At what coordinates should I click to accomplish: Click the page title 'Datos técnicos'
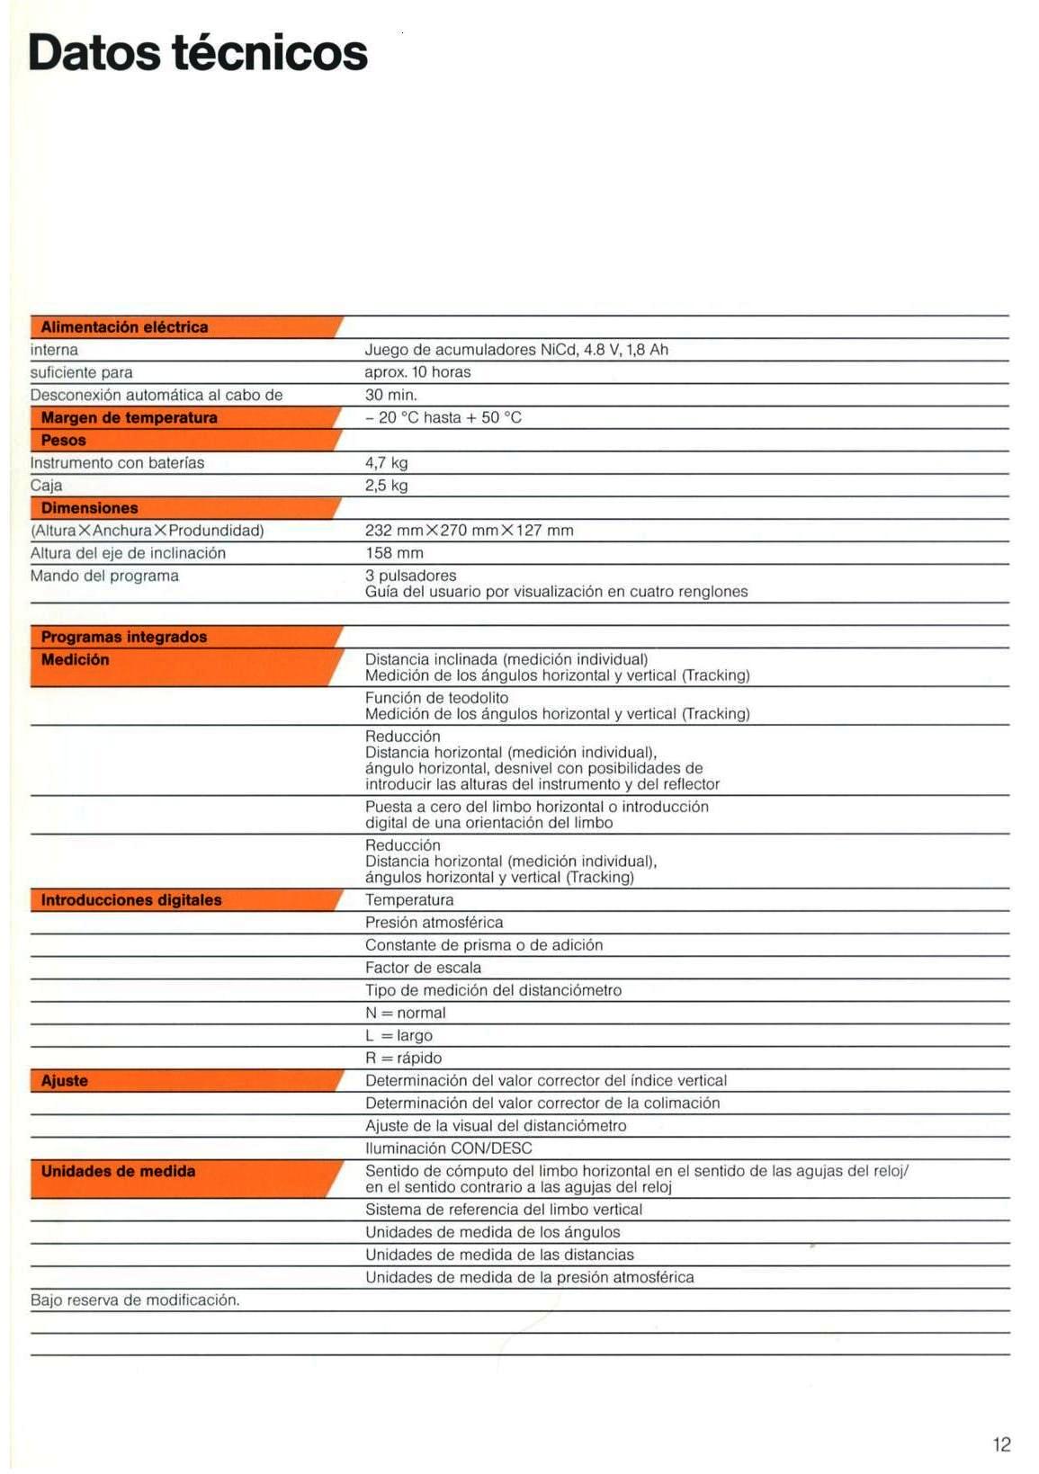198,52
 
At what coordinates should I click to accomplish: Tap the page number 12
1001,1444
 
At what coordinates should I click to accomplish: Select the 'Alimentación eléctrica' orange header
124,327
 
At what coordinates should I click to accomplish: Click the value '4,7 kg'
386,463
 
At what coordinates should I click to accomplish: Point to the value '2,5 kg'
386,486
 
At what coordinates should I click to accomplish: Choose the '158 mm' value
394,553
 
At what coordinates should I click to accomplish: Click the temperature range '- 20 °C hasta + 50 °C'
443,417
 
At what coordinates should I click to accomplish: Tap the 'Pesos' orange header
64,441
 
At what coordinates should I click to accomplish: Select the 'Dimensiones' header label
89,508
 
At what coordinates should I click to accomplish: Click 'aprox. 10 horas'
417,372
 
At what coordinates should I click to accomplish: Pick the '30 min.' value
390,395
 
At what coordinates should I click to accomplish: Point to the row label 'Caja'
47,486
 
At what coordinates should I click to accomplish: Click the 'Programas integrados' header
124,637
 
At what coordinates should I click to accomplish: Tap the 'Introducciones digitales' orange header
131,900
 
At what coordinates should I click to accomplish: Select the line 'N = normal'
405,1013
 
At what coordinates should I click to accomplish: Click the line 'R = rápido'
403,1059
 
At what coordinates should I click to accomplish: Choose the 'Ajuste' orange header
65,1081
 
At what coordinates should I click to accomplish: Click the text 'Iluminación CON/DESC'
448,1148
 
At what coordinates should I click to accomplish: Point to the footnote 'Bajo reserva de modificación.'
135,1300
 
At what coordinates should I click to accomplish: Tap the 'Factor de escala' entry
423,968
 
